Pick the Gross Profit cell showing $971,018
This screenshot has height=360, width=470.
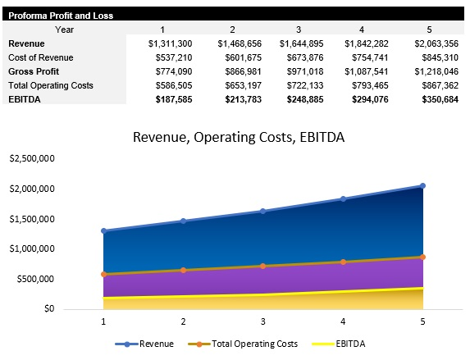pos(302,71)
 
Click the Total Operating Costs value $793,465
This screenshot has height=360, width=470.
pos(367,85)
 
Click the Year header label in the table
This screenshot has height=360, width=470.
pos(65,29)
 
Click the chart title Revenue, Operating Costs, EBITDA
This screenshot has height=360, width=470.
pos(239,137)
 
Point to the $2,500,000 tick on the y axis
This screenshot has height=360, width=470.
pos(31,158)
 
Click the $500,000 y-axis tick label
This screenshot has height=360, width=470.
pos(35,279)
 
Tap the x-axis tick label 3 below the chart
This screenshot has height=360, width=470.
pos(263,322)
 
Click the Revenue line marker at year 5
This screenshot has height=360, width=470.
pos(423,185)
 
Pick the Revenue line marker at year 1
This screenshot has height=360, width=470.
pos(103,230)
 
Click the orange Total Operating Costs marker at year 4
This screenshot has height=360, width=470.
pos(343,262)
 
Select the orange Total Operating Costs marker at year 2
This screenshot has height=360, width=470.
pos(183,270)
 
